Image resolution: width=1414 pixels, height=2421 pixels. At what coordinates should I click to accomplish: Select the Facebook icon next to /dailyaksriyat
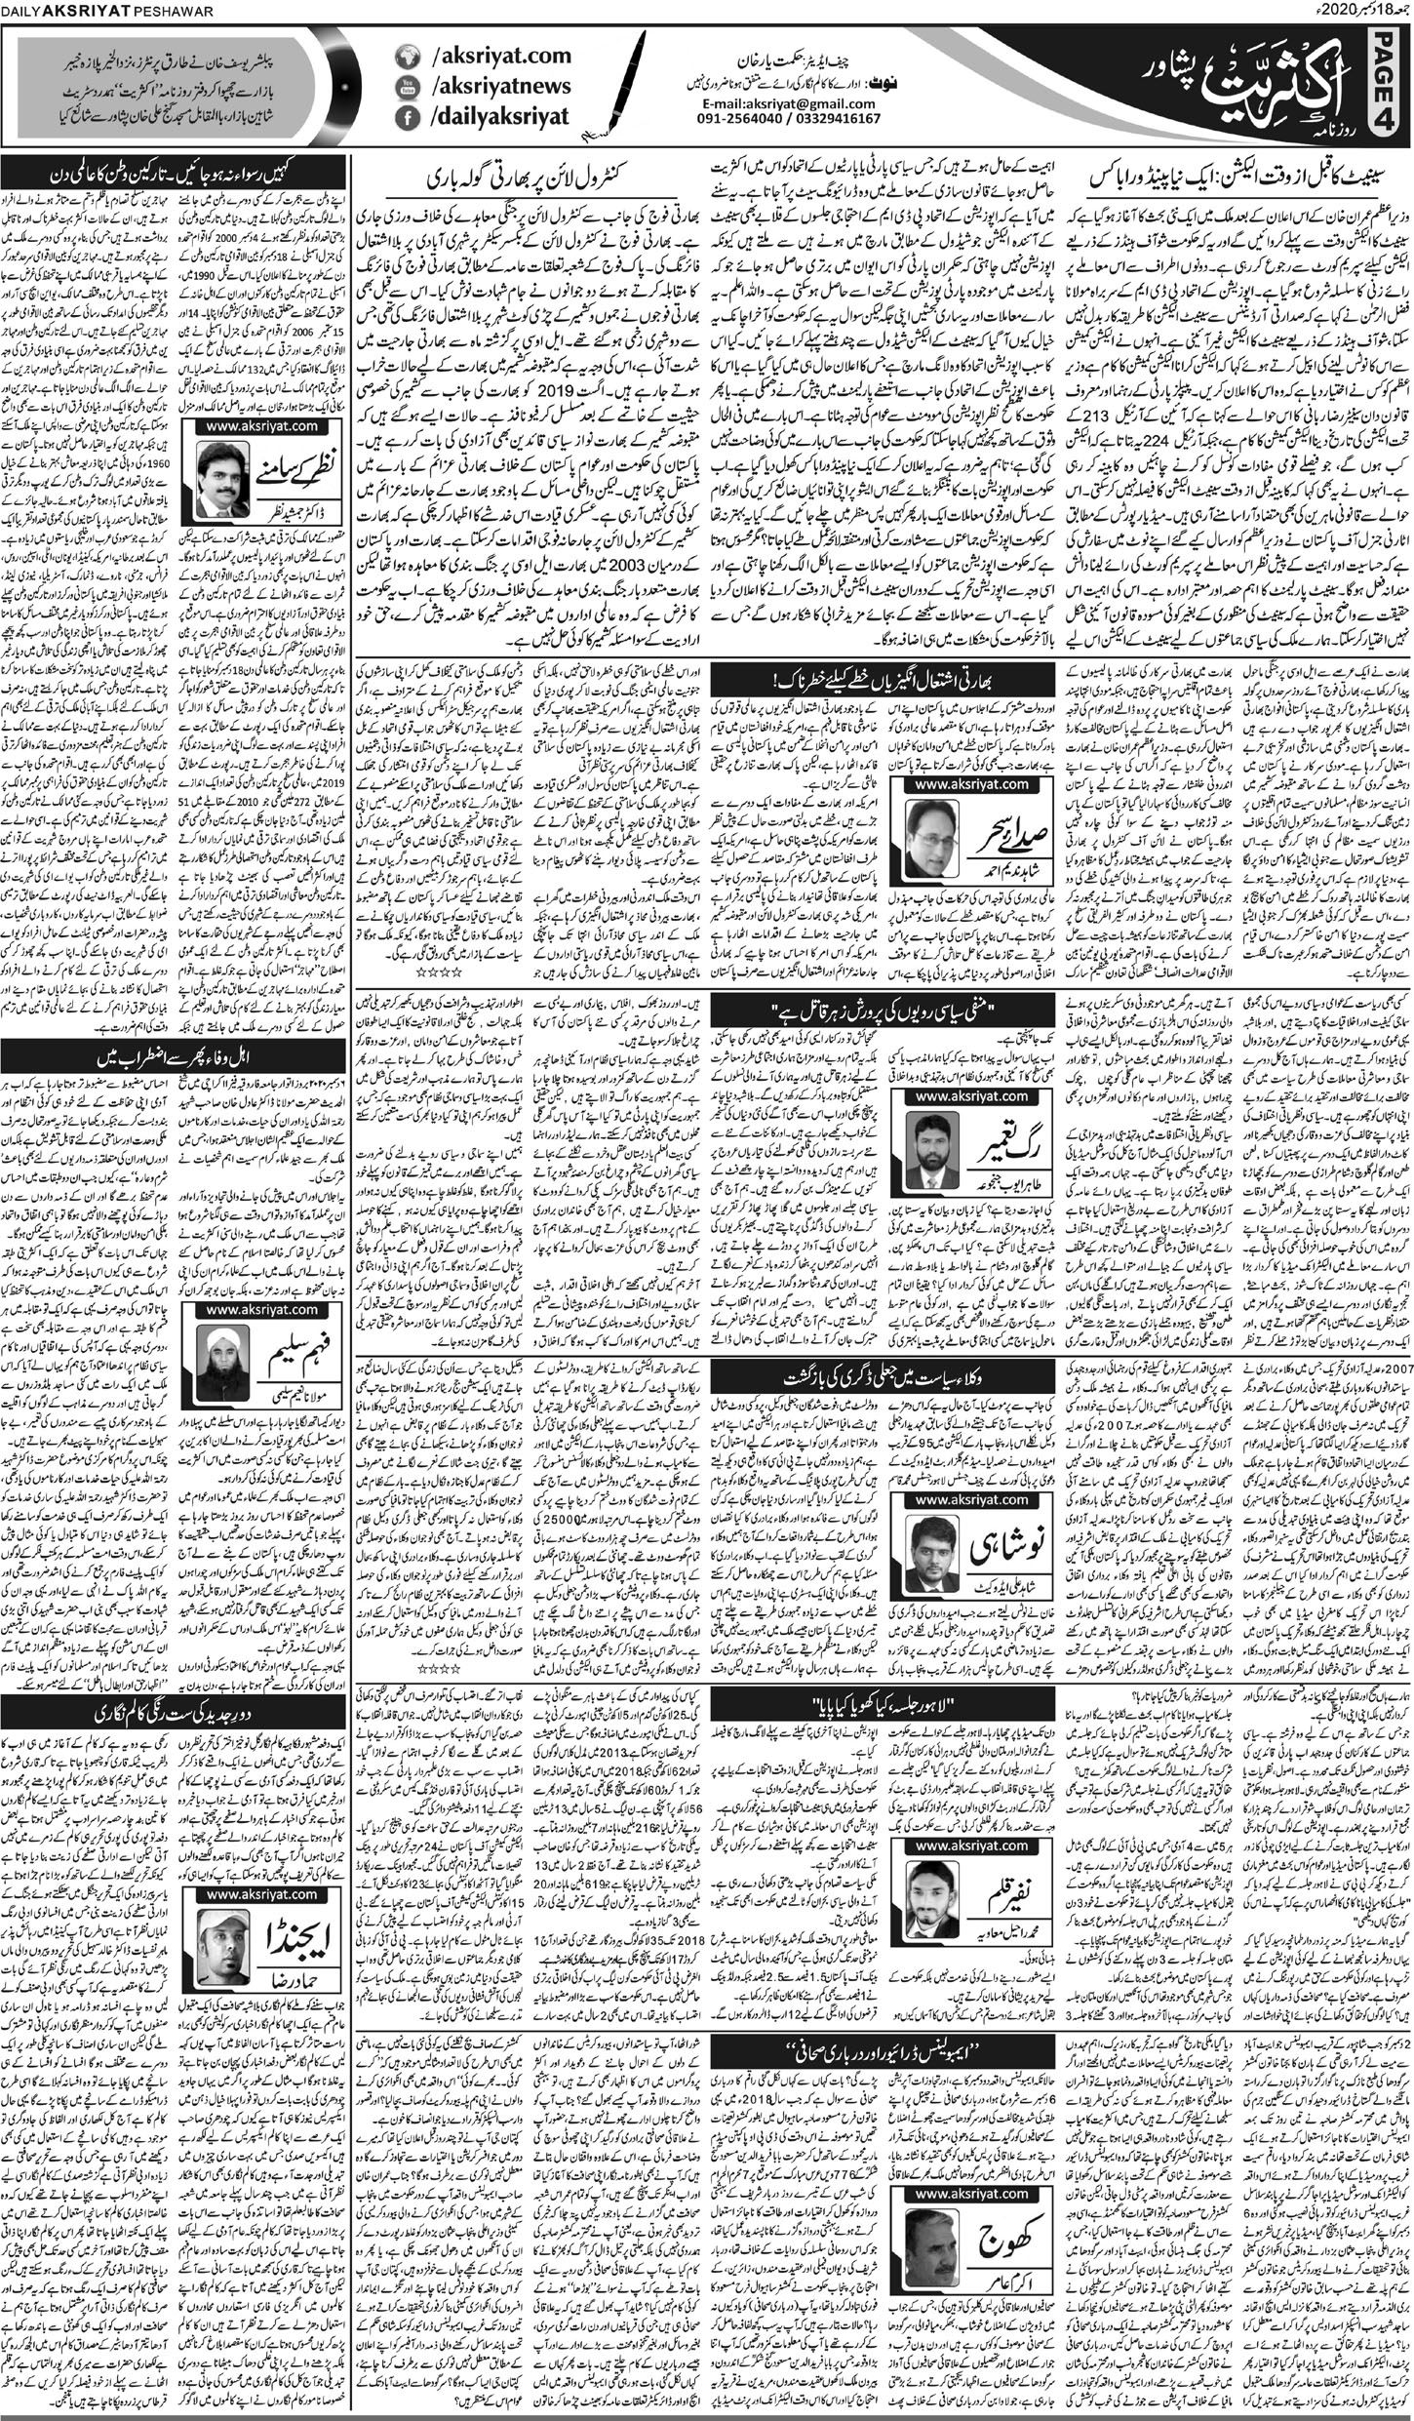click(403, 118)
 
